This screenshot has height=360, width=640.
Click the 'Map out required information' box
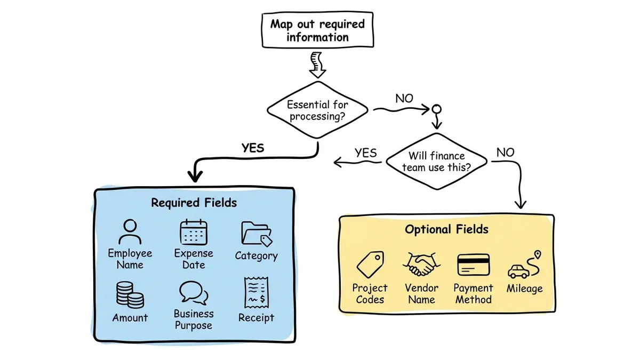(317, 30)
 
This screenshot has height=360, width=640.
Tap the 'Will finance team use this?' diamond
(436, 162)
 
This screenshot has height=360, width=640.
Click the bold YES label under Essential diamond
(252, 148)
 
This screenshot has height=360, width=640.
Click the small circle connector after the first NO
(436, 110)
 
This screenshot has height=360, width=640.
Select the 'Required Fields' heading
(194, 203)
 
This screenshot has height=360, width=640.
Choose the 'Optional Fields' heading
(446, 229)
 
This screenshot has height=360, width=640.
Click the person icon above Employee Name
(130, 233)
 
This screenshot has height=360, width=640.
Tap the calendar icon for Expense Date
(194, 233)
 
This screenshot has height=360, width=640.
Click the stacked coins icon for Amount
(130, 294)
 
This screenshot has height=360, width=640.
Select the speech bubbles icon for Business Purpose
(193, 292)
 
